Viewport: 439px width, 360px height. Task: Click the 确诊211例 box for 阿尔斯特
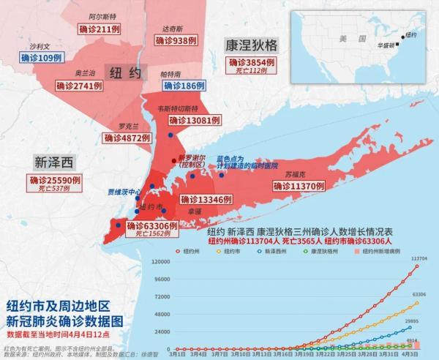pyautogui.click(x=98, y=29)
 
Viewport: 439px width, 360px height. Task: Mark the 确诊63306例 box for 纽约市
pyautogui.click(x=152, y=226)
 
